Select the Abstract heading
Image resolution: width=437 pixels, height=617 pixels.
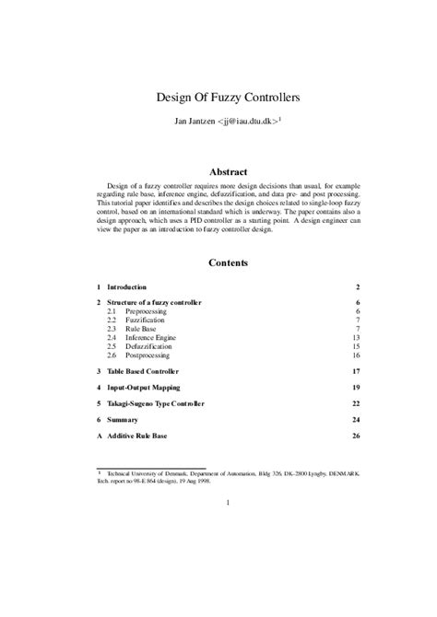228,171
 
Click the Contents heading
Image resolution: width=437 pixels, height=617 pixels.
228,262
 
